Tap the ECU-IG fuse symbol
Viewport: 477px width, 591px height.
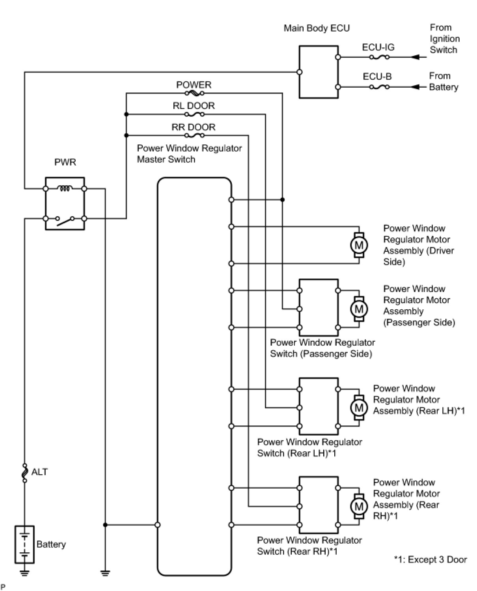coord(379,57)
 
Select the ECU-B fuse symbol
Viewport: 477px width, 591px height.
coord(379,87)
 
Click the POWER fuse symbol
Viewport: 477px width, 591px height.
coord(195,93)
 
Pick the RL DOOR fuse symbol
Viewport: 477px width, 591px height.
coord(195,114)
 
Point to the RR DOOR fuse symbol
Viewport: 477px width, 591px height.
coord(195,135)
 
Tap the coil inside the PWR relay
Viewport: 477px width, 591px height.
coord(65,189)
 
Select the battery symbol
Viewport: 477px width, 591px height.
coord(24,545)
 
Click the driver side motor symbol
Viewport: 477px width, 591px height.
coord(359,245)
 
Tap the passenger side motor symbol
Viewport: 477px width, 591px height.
coord(359,309)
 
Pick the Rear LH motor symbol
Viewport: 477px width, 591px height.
coord(359,408)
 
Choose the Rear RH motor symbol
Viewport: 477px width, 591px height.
coord(359,506)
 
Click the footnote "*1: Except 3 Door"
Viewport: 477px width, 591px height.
coord(430,559)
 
